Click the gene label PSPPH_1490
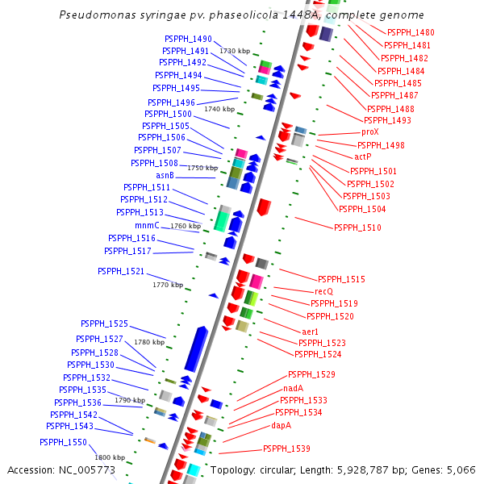(x=188, y=39)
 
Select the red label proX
(x=370, y=131)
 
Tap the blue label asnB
(x=165, y=175)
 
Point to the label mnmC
(x=147, y=225)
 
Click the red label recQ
(x=323, y=290)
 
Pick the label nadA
(x=294, y=387)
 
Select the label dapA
(x=282, y=425)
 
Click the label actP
(x=363, y=156)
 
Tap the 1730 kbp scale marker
(x=235, y=51)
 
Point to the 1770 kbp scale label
(x=168, y=285)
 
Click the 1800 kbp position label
(x=109, y=457)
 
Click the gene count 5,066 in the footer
(x=460, y=469)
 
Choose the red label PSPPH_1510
(x=357, y=227)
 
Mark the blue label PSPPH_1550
(x=63, y=442)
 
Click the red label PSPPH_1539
(x=286, y=449)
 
